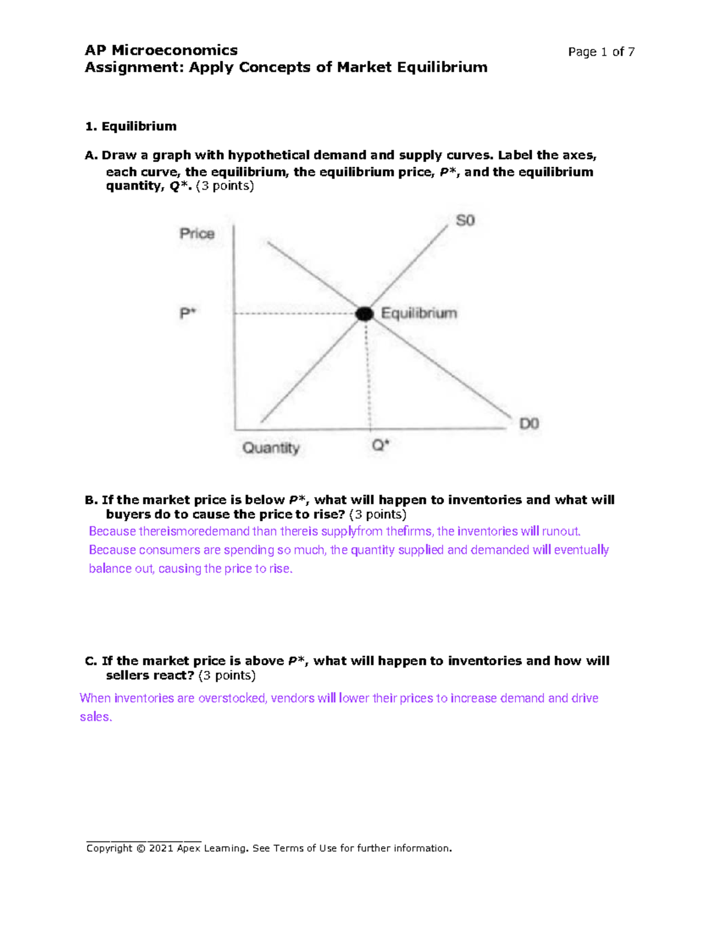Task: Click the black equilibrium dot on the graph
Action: tap(364, 313)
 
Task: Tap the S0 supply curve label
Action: tap(465, 220)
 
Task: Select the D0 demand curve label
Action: tap(529, 424)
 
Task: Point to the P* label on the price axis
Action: tap(188, 313)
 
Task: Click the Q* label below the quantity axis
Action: tap(380, 445)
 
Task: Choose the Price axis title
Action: tap(197, 233)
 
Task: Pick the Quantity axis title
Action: tap(271, 448)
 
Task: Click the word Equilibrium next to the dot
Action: tap(419, 313)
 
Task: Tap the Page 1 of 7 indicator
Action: tap(601, 52)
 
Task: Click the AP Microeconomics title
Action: tap(161, 50)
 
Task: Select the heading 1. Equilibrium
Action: tap(131, 127)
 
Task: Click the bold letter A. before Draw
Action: tap(91, 155)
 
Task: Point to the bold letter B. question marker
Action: tap(91, 500)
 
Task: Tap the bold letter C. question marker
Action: tap(91, 661)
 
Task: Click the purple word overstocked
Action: tap(232, 698)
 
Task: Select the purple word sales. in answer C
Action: tap(96, 717)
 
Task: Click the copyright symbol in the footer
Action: tap(140, 848)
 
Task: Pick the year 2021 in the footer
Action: tap(161, 848)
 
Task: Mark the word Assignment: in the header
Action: tap(134, 67)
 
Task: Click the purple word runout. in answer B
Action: tap(561, 531)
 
